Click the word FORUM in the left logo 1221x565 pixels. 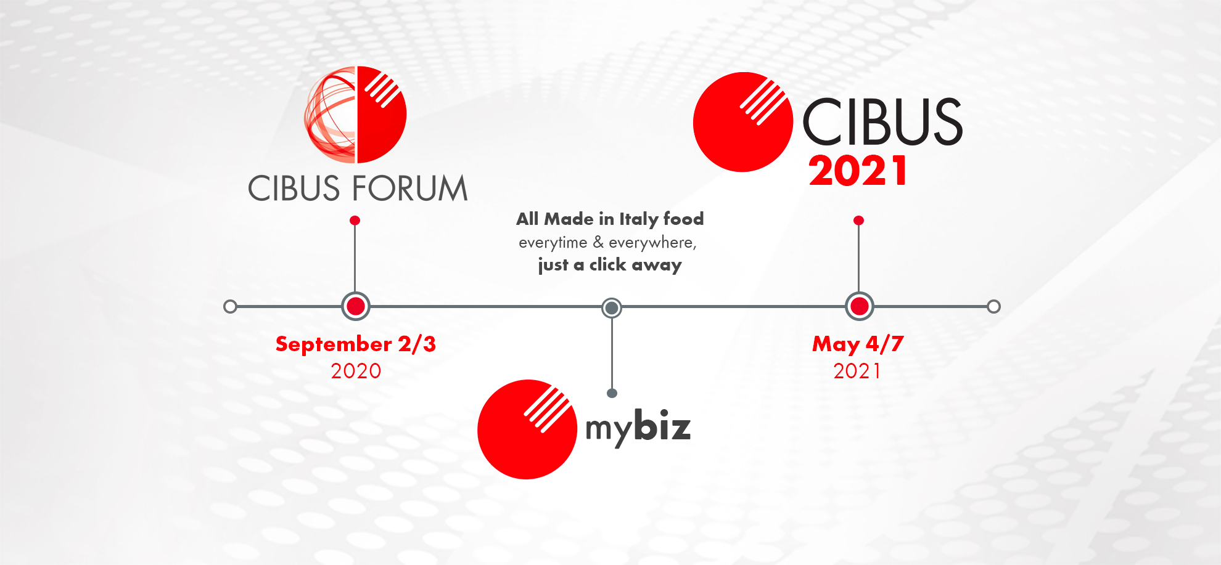[x=414, y=188]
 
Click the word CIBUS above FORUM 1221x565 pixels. [x=302, y=188]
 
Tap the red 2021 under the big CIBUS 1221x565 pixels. [x=858, y=171]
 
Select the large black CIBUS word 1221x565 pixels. [x=882, y=122]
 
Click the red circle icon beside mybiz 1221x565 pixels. [x=527, y=429]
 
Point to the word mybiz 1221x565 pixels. [x=638, y=427]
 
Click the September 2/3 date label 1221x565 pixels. [x=356, y=344]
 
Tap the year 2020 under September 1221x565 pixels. [x=356, y=371]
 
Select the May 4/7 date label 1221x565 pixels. [x=858, y=344]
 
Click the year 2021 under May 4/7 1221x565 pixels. [x=857, y=371]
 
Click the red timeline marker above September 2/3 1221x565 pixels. [x=356, y=306]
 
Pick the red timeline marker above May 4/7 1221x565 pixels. [x=860, y=306]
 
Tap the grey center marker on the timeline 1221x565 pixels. [x=612, y=307]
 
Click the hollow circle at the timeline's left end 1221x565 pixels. [x=230, y=306]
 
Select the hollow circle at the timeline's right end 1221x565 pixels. [x=993, y=306]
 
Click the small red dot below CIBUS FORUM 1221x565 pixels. [x=355, y=220]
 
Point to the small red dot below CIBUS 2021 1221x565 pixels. [x=858, y=220]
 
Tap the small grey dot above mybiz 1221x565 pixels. [x=612, y=393]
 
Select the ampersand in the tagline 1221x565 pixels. [x=598, y=242]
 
